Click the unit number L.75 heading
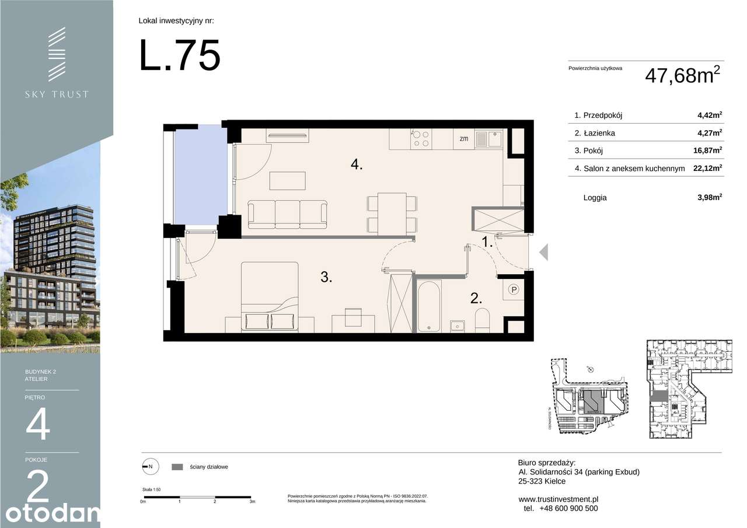point(180,56)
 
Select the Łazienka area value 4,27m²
point(710,133)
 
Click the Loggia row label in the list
point(595,198)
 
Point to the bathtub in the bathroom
point(429,306)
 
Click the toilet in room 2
point(483,320)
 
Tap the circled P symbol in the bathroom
point(514,289)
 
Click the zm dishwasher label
point(464,139)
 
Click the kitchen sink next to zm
point(488,138)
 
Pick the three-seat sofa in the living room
point(287,214)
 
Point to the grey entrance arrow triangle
point(543,252)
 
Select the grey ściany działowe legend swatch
point(178,467)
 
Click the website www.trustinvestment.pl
point(558,499)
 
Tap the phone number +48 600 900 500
point(566,508)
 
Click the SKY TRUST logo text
point(57,94)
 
